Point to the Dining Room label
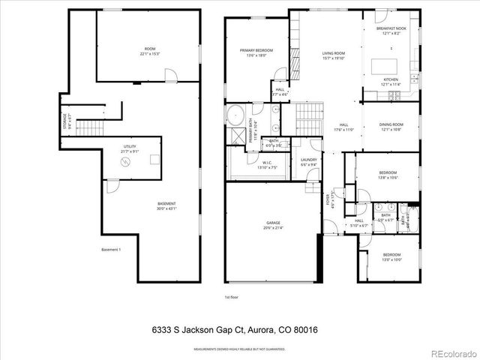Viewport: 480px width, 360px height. [x=391, y=127]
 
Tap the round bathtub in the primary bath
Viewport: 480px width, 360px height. [x=235, y=118]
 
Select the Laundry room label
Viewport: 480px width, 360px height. [x=308, y=162]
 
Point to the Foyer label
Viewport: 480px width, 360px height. [x=328, y=201]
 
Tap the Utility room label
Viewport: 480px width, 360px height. [x=130, y=149]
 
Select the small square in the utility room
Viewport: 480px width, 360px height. [x=153, y=158]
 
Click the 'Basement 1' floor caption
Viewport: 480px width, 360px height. [x=110, y=250]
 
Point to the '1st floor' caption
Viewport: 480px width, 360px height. [x=232, y=298]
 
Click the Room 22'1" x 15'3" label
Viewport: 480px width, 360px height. [x=151, y=52]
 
